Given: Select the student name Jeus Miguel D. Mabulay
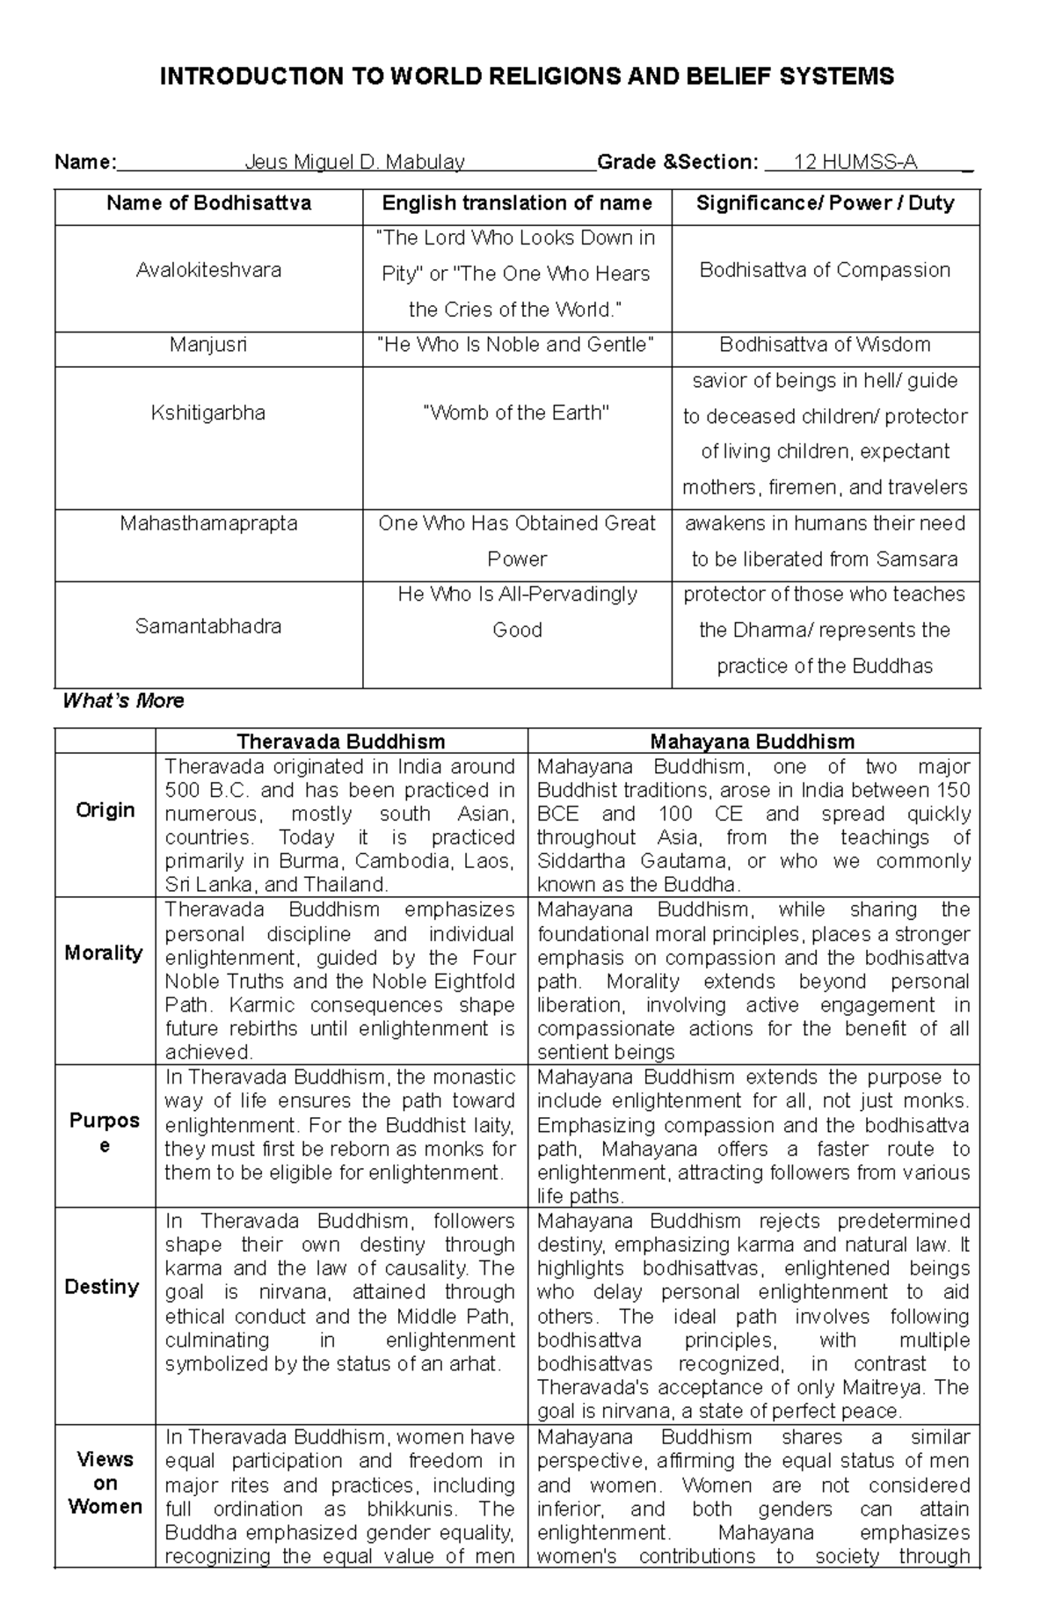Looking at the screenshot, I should [354, 162].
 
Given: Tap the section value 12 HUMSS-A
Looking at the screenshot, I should [855, 162].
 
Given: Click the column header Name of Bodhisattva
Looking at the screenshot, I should [208, 203].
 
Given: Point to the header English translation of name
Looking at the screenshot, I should [516, 203].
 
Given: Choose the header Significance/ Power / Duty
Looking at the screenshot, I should [825, 203].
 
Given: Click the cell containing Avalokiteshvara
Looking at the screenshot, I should [208, 270].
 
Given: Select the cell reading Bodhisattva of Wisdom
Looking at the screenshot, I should [825, 345].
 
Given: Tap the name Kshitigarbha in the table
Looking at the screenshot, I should [208, 413].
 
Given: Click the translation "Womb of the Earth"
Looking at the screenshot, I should [516, 413].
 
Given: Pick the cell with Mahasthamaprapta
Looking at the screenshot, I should [208, 523].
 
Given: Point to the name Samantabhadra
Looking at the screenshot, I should [208, 626].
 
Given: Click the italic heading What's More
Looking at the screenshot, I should [123, 701].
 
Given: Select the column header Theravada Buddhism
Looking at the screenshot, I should [341, 741].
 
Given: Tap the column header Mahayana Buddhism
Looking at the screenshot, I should [753, 741].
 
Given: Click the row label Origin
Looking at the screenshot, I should [105, 810].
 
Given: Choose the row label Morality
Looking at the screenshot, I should [104, 953].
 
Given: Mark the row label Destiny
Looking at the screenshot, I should [102, 1287].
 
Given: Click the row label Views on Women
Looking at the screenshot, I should [105, 1484].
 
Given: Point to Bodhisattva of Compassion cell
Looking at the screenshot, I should [825, 270].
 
